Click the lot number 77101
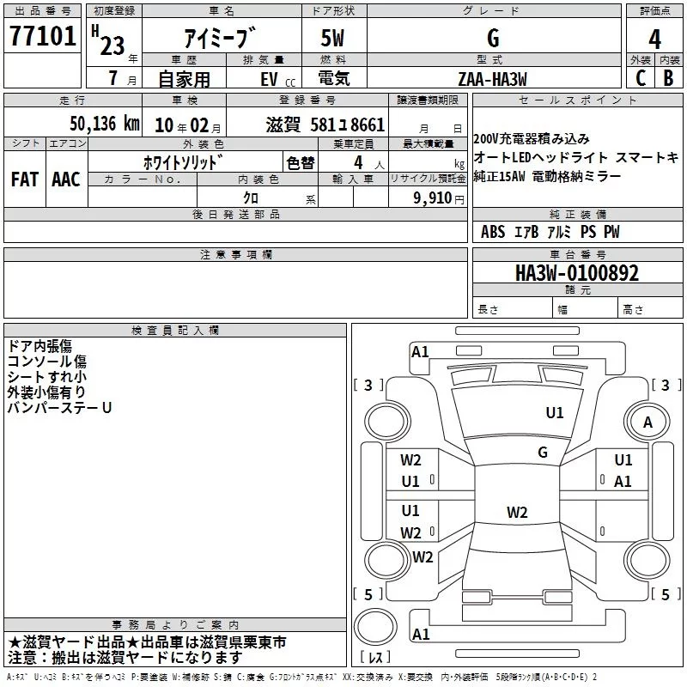pyautogui.click(x=44, y=38)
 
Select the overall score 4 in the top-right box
pyautogui.click(x=654, y=40)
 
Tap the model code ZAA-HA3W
pyautogui.click(x=492, y=79)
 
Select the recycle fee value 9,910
pyautogui.click(x=429, y=198)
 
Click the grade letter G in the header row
pyautogui.click(x=492, y=39)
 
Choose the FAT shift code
pyautogui.click(x=24, y=179)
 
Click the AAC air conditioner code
pyautogui.click(x=65, y=179)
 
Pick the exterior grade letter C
pyautogui.click(x=640, y=78)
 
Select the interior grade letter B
pyautogui.click(x=668, y=78)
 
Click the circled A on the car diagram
pyautogui.click(x=647, y=423)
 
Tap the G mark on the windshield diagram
pyautogui.click(x=543, y=453)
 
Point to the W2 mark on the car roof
pyautogui.click(x=517, y=513)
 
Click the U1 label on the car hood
pyautogui.click(x=556, y=413)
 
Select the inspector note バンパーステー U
pyautogui.click(x=59, y=408)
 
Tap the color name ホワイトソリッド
pyautogui.click(x=184, y=162)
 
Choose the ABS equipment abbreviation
pyautogui.click(x=493, y=232)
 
